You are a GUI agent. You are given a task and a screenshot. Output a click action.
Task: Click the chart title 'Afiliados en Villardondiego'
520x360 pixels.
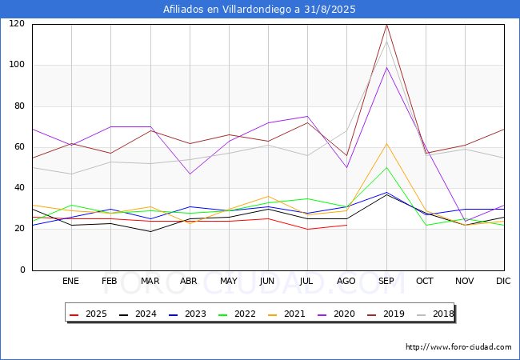point(259,10)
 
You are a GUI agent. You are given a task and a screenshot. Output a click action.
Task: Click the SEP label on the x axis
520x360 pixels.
point(386,282)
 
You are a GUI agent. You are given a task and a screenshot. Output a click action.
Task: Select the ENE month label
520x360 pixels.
point(71,282)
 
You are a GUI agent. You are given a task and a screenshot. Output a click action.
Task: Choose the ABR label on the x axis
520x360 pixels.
point(190,282)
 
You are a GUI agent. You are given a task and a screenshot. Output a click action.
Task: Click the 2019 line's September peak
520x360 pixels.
point(386,24)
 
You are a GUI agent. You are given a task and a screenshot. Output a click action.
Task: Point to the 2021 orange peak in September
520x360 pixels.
point(386,144)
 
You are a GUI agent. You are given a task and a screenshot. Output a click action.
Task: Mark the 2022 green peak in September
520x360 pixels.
point(386,167)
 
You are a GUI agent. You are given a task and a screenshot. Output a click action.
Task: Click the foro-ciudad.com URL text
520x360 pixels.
point(458,347)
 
